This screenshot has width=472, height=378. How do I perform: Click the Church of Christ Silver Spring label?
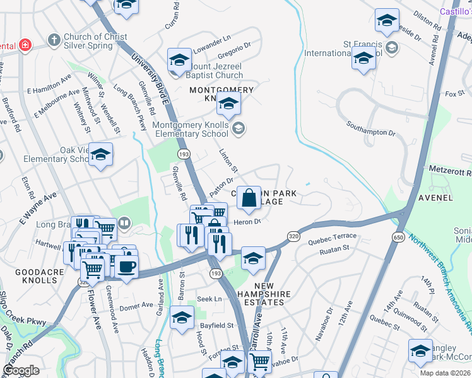click(x=96, y=42)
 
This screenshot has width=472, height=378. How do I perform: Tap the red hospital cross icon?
click(x=25, y=45)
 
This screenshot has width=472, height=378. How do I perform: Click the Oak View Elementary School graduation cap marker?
click(x=100, y=154)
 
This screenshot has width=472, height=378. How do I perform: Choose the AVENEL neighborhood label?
click(x=435, y=197)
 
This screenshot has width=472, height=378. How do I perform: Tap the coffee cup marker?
click(x=126, y=266)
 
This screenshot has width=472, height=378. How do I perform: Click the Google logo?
click(x=21, y=370)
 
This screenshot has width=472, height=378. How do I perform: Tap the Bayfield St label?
click(x=217, y=326)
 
